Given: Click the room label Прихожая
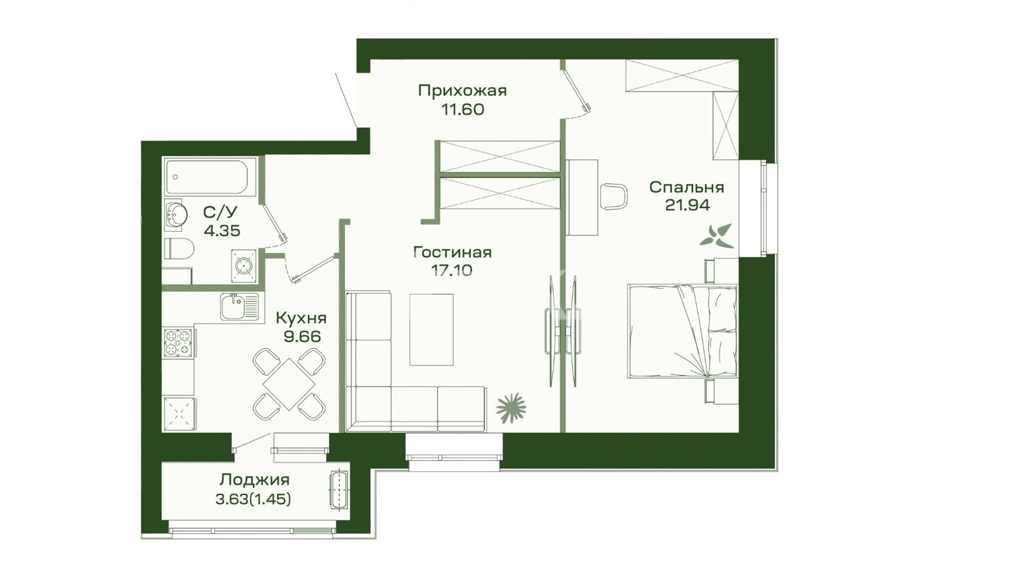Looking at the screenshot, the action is click(x=462, y=91).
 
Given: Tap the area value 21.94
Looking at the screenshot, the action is click(x=687, y=206).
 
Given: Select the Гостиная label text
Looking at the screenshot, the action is click(x=453, y=252).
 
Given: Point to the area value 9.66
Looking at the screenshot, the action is click(x=302, y=337).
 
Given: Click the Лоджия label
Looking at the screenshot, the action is click(x=254, y=480).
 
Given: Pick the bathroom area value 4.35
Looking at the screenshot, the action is click(x=222, y=231).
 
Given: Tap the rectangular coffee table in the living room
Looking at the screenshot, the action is click(x=431, y=330).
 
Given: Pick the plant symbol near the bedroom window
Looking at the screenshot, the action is click(x=716, y=236).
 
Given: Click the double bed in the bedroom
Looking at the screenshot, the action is click(x=682, y=331).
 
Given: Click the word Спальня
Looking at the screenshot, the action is click(x=687, y=188).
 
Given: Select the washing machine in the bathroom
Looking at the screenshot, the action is click(x=244, y=265).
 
